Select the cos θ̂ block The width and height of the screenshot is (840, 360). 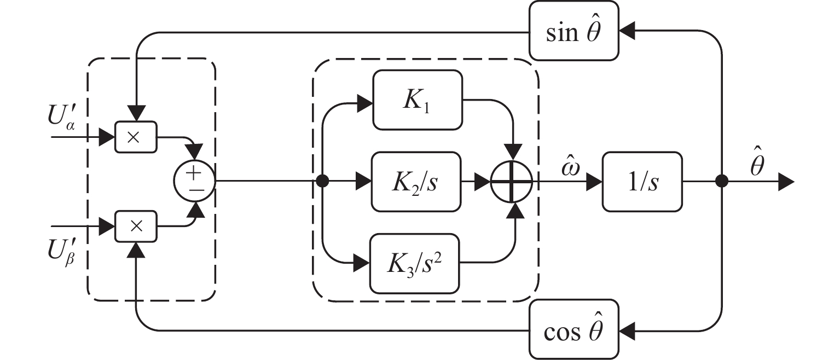click(574, 330)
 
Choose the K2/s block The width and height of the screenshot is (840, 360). click(416, 182)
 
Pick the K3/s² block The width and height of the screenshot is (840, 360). click(415, 264)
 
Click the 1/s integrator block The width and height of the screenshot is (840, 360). click(642, 182)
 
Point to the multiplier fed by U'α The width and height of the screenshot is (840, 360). click(136, 136)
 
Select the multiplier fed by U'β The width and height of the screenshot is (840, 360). click(136, 225)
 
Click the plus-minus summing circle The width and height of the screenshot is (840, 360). click(194, 181)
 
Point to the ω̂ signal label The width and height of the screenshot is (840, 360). click(566, 162)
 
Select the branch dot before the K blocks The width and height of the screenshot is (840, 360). click(323, 182)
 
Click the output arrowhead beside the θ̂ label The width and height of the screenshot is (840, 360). click(786, 182)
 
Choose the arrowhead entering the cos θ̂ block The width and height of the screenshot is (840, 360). click(627, 330)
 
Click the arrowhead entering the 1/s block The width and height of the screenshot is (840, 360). click(594, 182)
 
